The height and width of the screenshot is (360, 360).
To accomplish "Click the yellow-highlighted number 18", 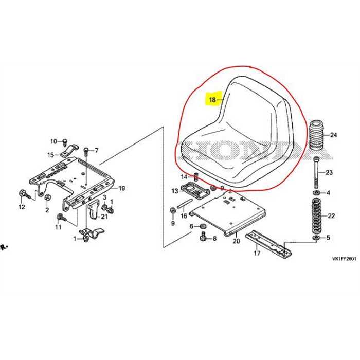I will [x=212, y=99].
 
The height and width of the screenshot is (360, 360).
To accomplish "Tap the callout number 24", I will [x=334, y=135].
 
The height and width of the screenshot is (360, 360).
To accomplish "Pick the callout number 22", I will [x=332, y=216].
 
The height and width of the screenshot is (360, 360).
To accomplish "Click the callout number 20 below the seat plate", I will [x=237, y=241].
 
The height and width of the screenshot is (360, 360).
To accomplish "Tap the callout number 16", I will [x=184, y=216].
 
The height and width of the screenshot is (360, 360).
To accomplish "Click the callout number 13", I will [x=175, y=191].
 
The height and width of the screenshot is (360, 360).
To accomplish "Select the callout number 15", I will [x=50, y=155].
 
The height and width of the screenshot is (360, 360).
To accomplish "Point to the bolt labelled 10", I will [x=65, y=141].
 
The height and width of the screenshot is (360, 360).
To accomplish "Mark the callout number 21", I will [x=104, y=216].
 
